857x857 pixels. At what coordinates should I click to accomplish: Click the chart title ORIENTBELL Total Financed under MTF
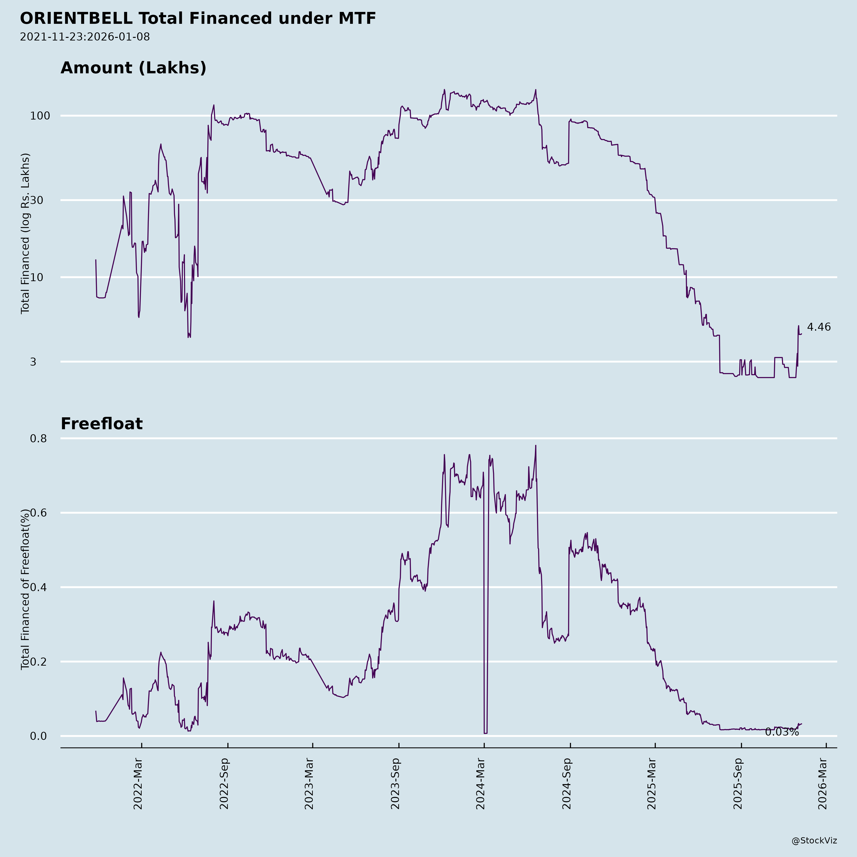198,19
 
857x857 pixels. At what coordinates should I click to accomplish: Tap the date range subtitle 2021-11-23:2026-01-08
85,37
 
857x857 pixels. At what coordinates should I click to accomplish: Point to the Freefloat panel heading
102,424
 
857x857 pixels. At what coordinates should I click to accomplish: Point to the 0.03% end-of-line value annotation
782,732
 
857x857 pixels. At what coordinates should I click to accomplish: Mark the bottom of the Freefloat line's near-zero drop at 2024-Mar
486,733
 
